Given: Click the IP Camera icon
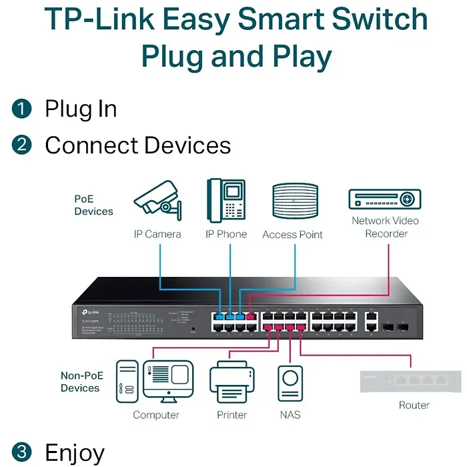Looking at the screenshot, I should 157,201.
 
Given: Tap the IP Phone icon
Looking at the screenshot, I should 225,200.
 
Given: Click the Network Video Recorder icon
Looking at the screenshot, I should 385,199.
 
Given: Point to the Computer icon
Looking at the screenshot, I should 155,382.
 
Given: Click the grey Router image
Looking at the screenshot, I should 410,381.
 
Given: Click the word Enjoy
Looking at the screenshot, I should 74,452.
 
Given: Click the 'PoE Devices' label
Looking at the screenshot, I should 93,205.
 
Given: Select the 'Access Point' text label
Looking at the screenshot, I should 292,235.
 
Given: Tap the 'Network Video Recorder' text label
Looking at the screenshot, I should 385,227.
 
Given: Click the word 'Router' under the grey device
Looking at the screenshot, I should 414,405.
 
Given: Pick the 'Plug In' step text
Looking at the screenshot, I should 81,109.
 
